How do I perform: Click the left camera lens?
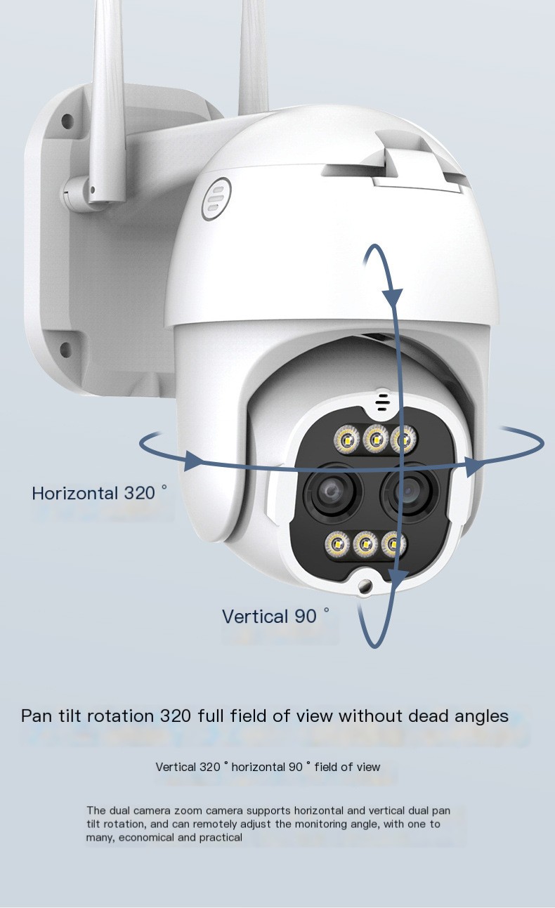point(332,492)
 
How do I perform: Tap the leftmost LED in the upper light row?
point(347,439)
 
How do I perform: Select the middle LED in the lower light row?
point(366,544)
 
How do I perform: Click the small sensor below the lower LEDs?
point(365,586)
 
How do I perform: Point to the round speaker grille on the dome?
point(216,199)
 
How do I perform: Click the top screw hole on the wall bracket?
point(67,121)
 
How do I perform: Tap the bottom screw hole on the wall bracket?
point(65,350)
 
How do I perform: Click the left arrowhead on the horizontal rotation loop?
point(193,461)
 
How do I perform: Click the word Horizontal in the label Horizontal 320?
point(75,493)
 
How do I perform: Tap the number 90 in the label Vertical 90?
point(306,617)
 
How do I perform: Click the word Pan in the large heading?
point(37,716)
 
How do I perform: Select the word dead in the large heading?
point(429,716)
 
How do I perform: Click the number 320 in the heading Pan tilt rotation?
point(176,716)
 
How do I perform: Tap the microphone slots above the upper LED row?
point(381,402)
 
